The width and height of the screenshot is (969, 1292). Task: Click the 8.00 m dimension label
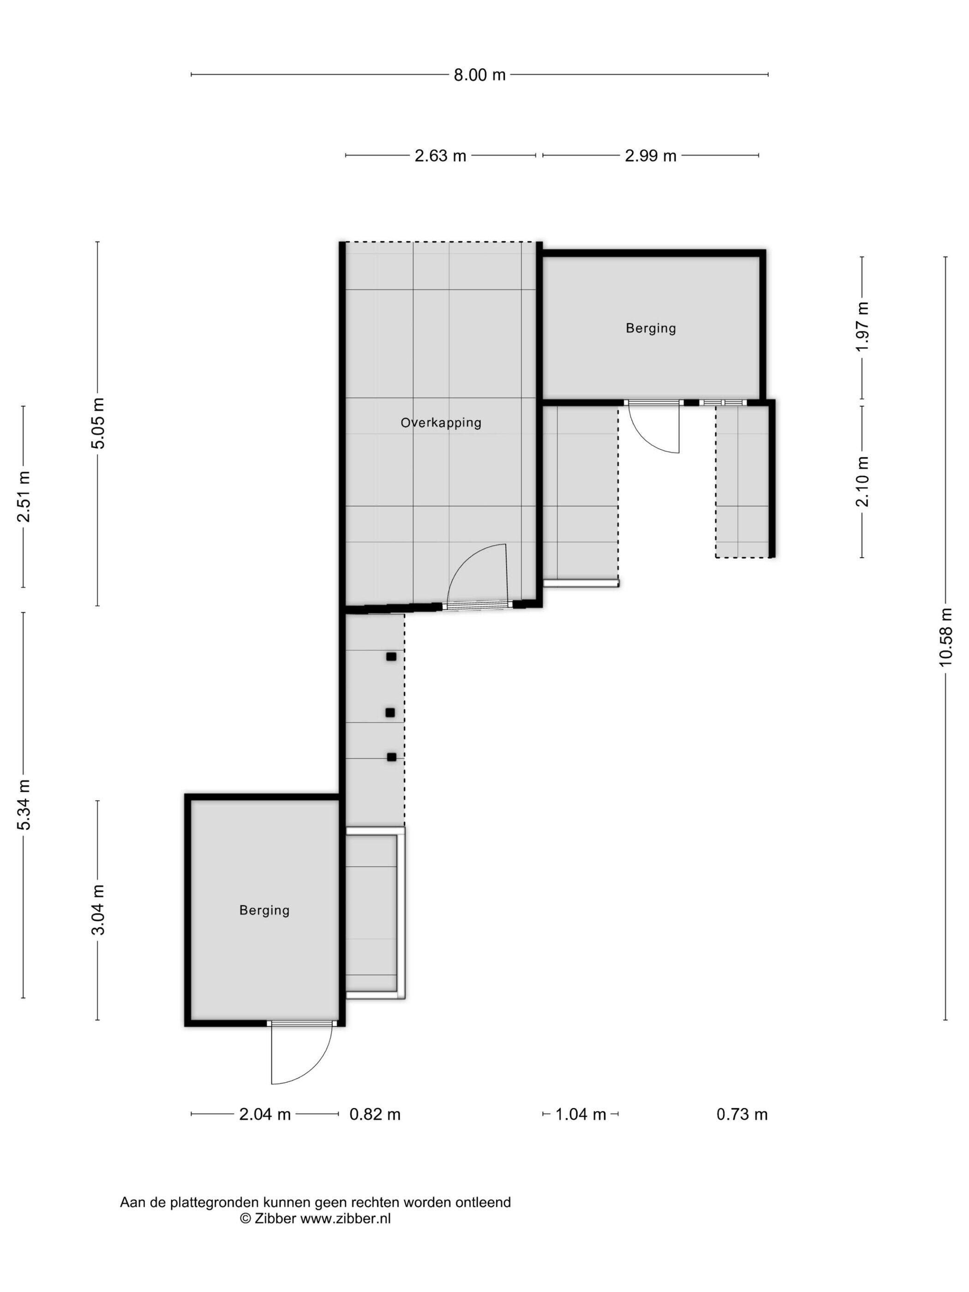(479, 75)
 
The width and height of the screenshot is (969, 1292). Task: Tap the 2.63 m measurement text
(440, 156)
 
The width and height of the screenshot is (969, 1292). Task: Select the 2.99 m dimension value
(651, 156)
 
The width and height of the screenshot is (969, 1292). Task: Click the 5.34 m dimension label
(24, 805)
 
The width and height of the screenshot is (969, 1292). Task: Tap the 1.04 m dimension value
(580, 1114)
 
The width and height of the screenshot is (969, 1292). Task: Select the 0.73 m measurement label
(742, 1114)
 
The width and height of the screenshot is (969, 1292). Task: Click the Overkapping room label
(441, 423)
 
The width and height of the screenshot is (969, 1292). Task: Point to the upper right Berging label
(651, 328)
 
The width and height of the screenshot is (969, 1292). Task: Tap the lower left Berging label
(264, 910)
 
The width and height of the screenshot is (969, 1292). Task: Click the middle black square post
(390, 712)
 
